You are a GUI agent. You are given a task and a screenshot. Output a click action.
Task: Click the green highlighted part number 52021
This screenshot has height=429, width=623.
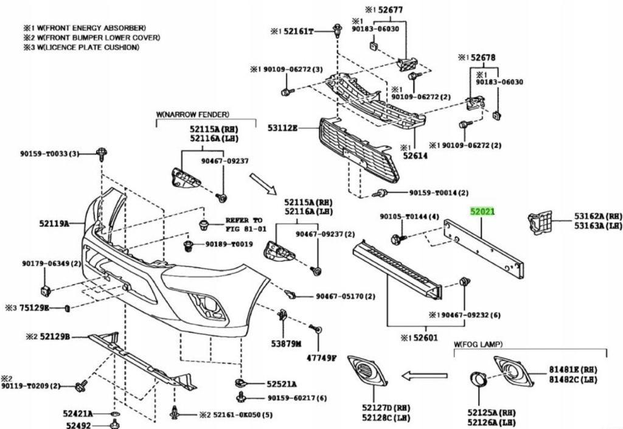482,212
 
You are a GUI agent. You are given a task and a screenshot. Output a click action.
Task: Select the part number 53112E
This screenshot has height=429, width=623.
282,128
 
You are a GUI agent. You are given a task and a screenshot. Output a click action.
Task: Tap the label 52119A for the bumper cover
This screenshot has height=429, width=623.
54,224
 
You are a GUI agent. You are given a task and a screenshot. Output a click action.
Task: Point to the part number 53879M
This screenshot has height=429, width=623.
286,344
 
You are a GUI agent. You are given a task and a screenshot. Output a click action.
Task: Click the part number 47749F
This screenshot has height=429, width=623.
321,358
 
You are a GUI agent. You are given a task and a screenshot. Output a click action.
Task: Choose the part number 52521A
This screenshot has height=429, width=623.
281,384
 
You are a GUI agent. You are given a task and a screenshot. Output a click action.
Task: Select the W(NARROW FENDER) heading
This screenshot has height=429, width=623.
193,114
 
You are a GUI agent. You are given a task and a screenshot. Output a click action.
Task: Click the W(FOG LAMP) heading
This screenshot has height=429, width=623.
478,344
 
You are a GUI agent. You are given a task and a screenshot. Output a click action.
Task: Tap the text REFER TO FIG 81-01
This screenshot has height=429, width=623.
244,225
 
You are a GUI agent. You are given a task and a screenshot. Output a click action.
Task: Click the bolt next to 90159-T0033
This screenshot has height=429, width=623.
102,154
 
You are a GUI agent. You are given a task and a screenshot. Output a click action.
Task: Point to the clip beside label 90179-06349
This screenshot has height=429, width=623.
46,291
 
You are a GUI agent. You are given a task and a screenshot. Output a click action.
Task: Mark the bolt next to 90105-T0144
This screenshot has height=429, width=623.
398,239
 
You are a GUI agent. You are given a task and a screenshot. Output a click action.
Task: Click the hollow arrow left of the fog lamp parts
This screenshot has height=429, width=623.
425,375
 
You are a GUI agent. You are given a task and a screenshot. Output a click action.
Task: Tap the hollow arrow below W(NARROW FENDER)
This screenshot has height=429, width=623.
263,184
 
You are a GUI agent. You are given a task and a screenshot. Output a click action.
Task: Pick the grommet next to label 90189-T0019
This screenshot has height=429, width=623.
188,246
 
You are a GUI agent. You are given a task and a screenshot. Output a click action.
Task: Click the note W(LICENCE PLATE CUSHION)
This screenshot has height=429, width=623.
82,47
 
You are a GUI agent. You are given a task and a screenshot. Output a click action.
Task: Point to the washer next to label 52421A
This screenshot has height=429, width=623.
114,414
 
